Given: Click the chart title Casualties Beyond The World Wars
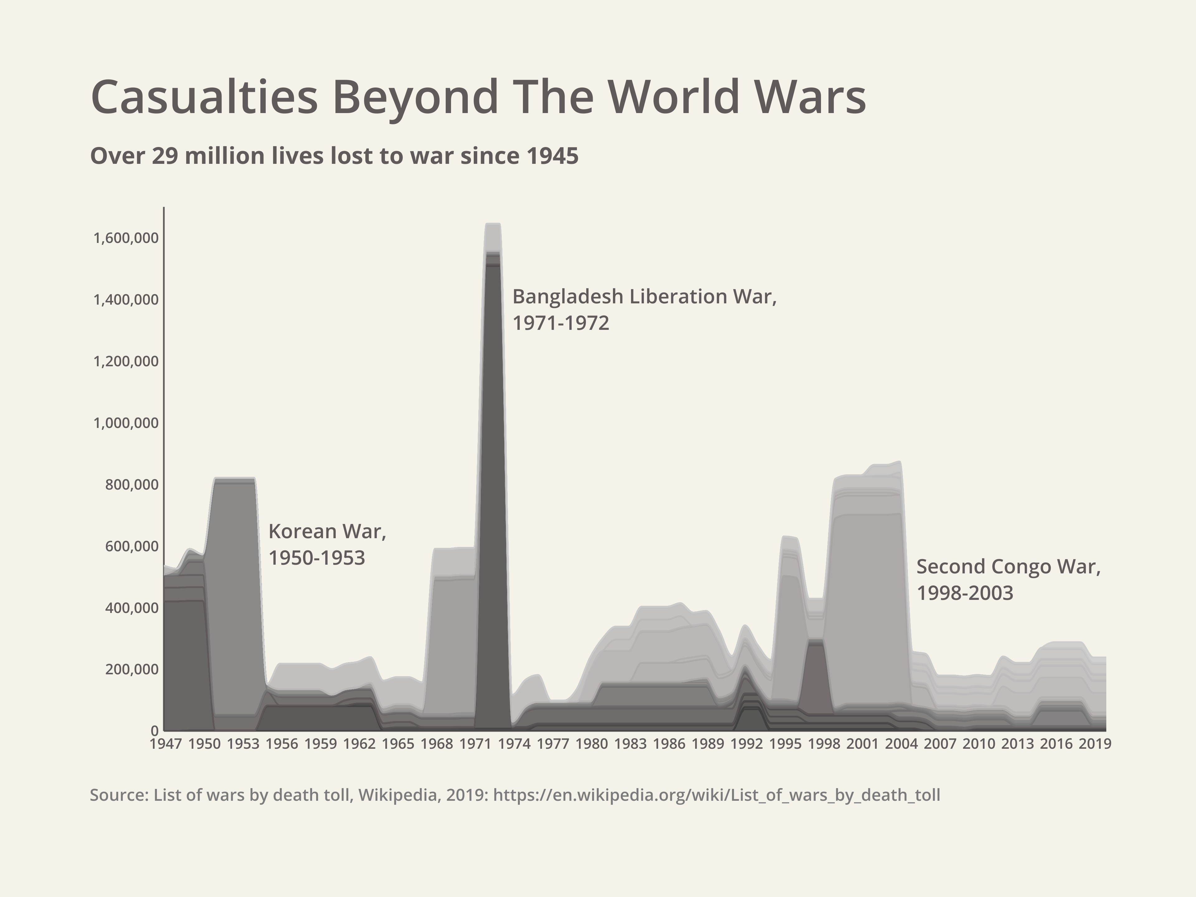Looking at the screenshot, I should (x=478, y=97).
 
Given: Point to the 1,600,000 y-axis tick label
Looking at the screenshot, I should (x=126, y=238).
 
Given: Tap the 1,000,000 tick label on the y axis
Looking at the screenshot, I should (x=126, y=423).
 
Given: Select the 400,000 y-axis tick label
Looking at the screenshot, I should (x=132, y=608).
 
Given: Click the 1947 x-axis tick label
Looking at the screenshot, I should (x=165, y=744).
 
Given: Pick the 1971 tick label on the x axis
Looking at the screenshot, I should (x=475, y=744).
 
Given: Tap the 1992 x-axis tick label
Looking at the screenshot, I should (x=747, y=744).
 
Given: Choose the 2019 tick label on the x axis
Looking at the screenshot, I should (x=1095, y=744).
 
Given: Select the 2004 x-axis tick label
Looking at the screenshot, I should (x=901, y=744).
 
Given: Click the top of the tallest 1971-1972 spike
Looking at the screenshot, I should (x=492, y=224).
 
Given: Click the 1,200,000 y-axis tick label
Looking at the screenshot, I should (x=126, y=361).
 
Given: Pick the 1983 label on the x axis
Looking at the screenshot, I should (x=630, y=744).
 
